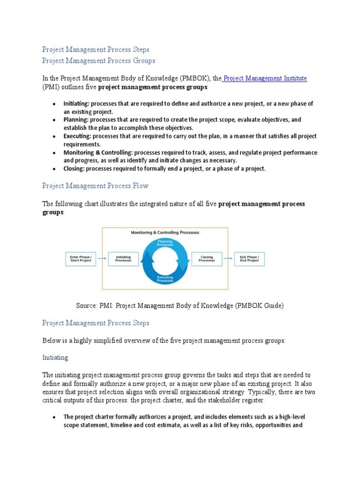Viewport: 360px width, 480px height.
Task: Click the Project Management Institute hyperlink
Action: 265,78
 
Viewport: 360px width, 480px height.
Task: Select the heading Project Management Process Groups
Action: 98,60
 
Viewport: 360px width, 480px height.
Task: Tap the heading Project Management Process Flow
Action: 95,186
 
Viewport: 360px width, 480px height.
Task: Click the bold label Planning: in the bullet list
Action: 76,120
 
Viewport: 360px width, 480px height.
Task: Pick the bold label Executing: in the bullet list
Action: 77,136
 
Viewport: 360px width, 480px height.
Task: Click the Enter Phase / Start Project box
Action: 81,259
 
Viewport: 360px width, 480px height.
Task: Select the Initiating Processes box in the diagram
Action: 124,259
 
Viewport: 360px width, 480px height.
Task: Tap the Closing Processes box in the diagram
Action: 207,259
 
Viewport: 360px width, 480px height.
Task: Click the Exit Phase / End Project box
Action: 249,259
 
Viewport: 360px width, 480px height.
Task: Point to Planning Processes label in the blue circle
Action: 165,243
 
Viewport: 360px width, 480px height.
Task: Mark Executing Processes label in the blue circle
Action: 165,279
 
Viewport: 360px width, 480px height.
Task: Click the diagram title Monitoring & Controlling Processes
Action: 165,232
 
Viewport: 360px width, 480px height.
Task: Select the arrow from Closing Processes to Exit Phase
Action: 228,259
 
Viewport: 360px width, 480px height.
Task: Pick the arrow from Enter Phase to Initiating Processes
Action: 102,259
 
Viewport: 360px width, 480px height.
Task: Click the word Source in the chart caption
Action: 86,306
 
